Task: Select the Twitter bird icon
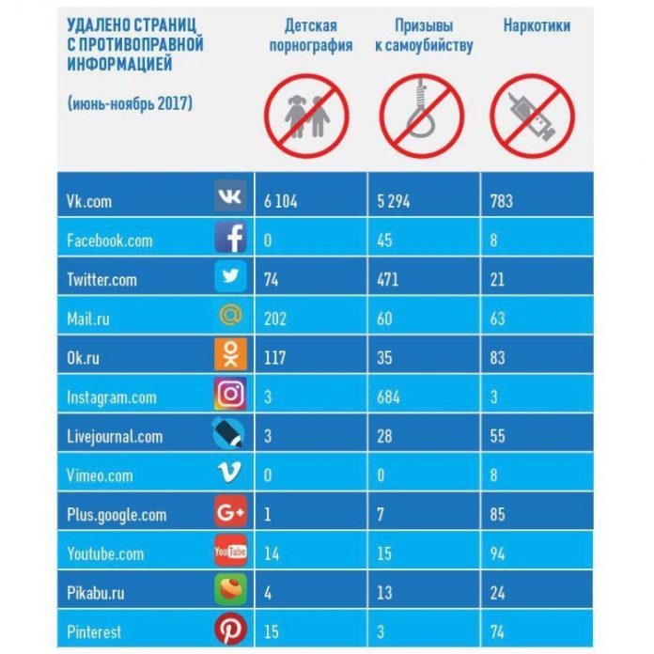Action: [230, 277]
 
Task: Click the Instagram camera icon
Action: [230, 395]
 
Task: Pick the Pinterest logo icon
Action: [230, 629]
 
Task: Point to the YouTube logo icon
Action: [230, 551]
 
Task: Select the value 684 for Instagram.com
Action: [387, 397]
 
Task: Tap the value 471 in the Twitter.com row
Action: [386, 279]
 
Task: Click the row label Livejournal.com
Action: [115, 436]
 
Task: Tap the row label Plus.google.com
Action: [117, 515]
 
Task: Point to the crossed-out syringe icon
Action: [532, 109]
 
